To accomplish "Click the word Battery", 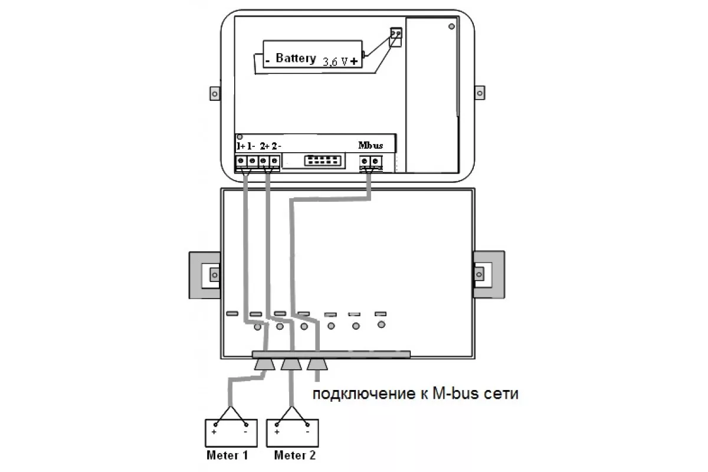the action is [296, 58].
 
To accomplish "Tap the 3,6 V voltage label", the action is [335, 61].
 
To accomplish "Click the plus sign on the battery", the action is [354, 61].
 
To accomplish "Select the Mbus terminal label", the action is [371, 145].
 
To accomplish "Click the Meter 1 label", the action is [227, 455].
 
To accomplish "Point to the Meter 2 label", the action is [294, 455].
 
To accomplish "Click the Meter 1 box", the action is [231, 433].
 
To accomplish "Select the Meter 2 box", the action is [293, 433].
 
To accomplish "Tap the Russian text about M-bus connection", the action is [415, 394].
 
